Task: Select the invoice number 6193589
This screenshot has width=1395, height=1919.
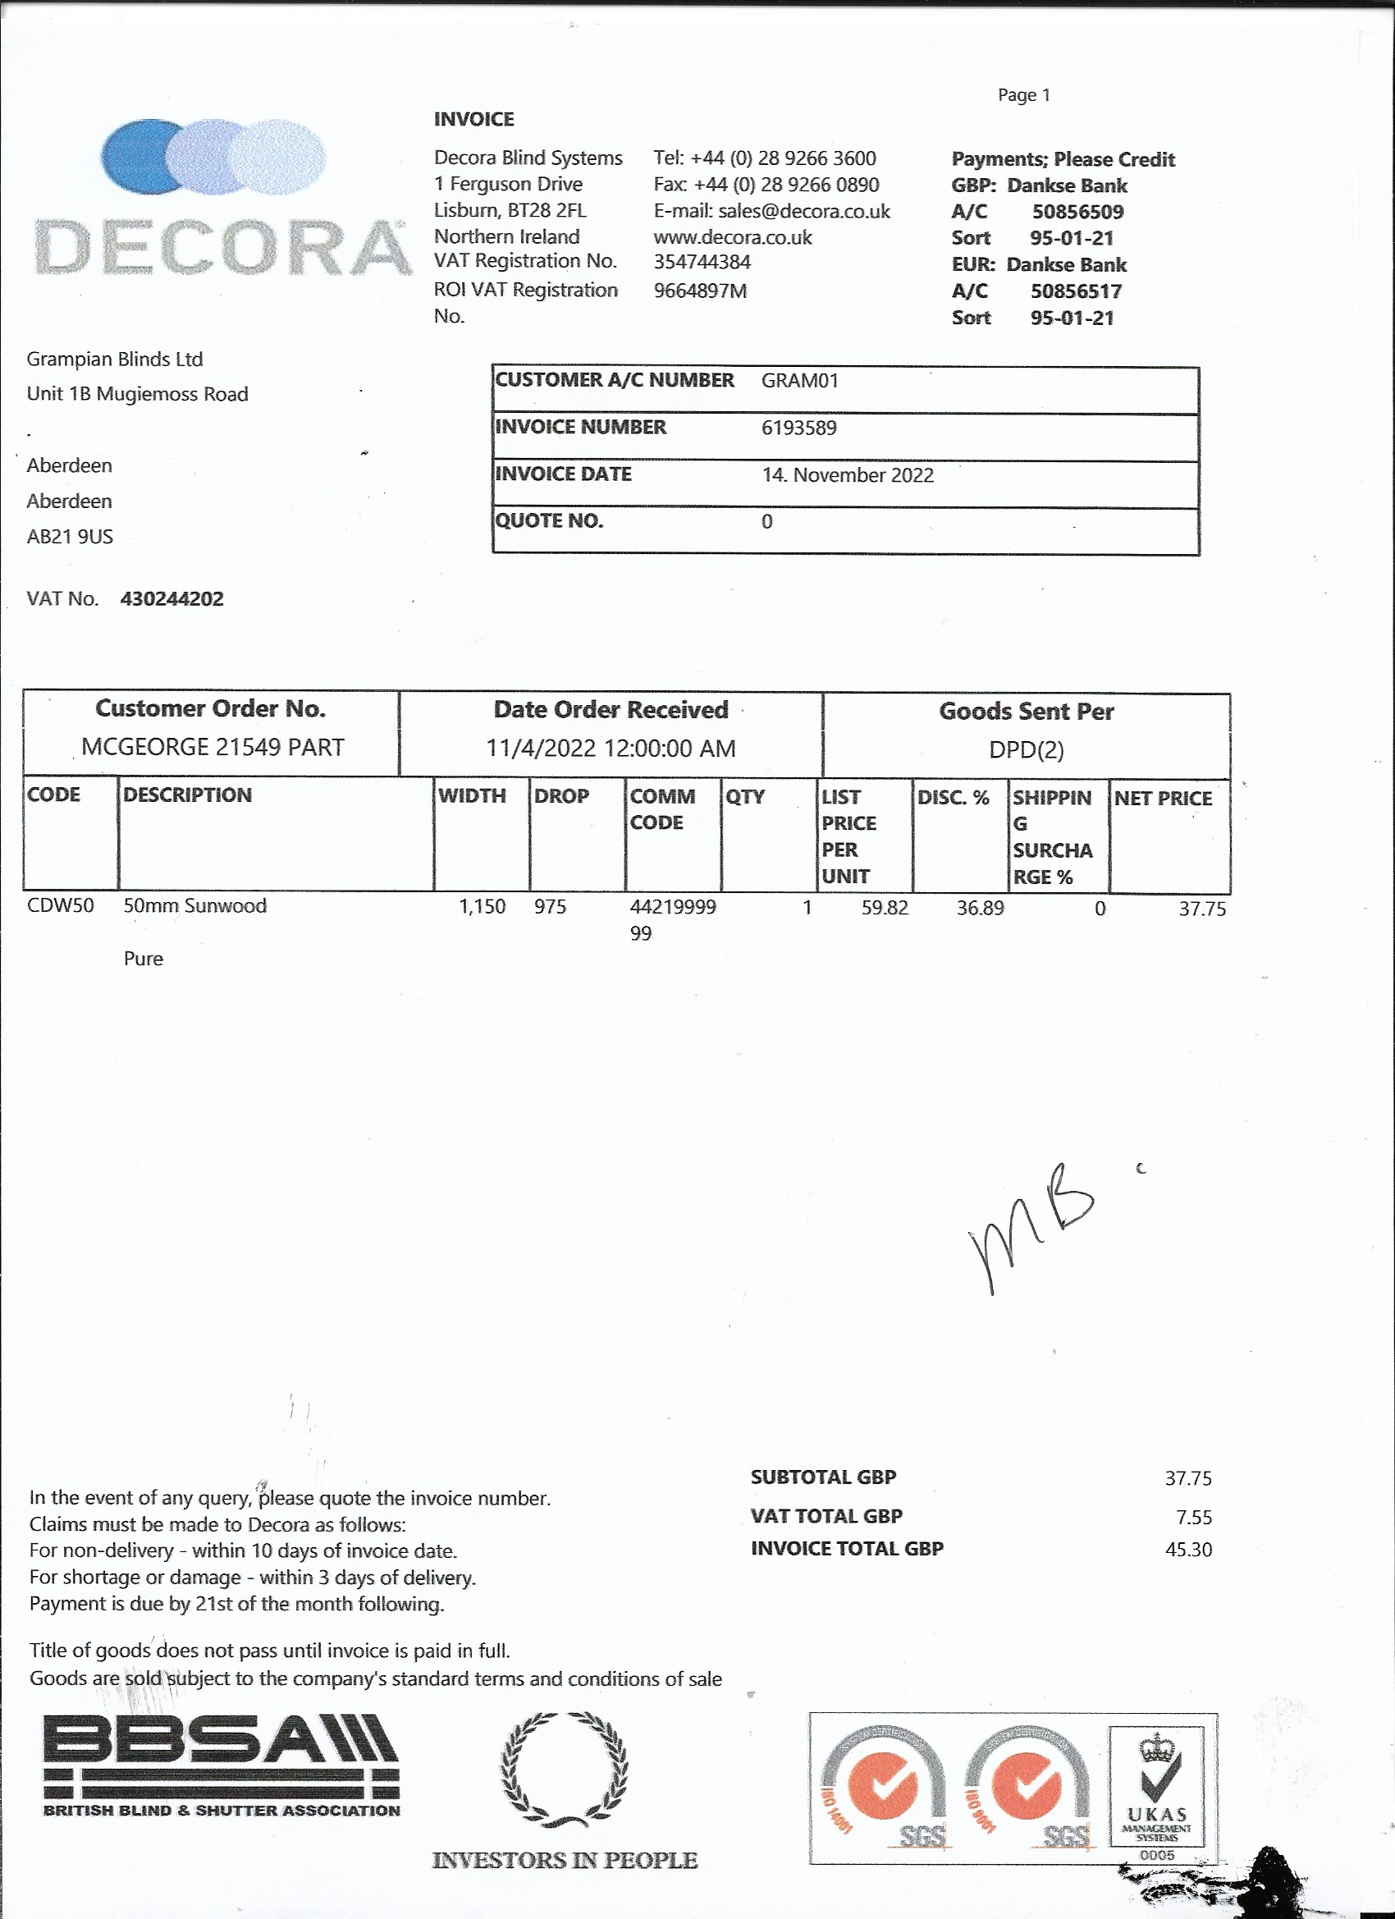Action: pos(798,428)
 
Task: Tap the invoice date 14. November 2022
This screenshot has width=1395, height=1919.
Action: pos(848,474)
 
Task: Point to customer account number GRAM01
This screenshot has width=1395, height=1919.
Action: pos(799,380)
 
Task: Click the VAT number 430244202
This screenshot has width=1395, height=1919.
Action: pos(172,599)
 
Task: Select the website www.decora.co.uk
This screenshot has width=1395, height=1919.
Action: pos(733,237)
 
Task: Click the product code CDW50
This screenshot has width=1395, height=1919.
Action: pos(60,905)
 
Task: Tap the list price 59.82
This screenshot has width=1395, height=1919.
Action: pos(884,908)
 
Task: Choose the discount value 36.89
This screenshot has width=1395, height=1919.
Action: pos(980,908)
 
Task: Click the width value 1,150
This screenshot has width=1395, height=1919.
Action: pos(482,906)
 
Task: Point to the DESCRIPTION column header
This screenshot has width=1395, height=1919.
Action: pos(187,795)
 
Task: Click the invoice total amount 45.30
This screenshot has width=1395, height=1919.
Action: pos(1187,1550)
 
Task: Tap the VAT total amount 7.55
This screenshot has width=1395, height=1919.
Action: pos(1194,1517)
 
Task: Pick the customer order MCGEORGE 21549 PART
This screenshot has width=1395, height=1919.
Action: pos(213,747)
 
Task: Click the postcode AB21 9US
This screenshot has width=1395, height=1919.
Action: pos(70,537)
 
